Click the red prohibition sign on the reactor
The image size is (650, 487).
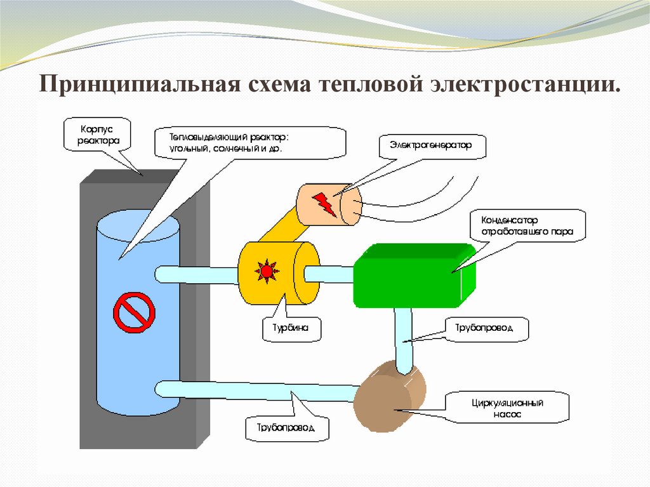tap(134, 311)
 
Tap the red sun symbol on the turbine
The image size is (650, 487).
tap(267, 271)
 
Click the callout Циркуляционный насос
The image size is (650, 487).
tap(507, 407)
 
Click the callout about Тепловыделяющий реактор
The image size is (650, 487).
tap(250, 142)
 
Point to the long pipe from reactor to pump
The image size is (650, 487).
tap(254, 390)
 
